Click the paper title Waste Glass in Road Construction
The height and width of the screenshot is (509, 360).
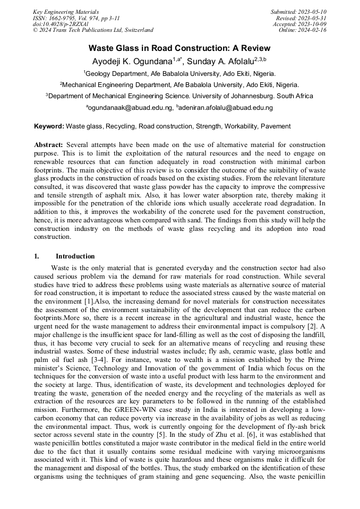179,48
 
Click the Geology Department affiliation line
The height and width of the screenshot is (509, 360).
179,74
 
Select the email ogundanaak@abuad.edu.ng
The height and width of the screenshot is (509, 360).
130,108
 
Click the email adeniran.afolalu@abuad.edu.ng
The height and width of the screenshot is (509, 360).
226,108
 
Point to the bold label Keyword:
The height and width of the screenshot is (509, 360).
49,126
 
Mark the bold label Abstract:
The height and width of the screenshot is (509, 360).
48,145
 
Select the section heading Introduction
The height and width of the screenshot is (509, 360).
75,256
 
